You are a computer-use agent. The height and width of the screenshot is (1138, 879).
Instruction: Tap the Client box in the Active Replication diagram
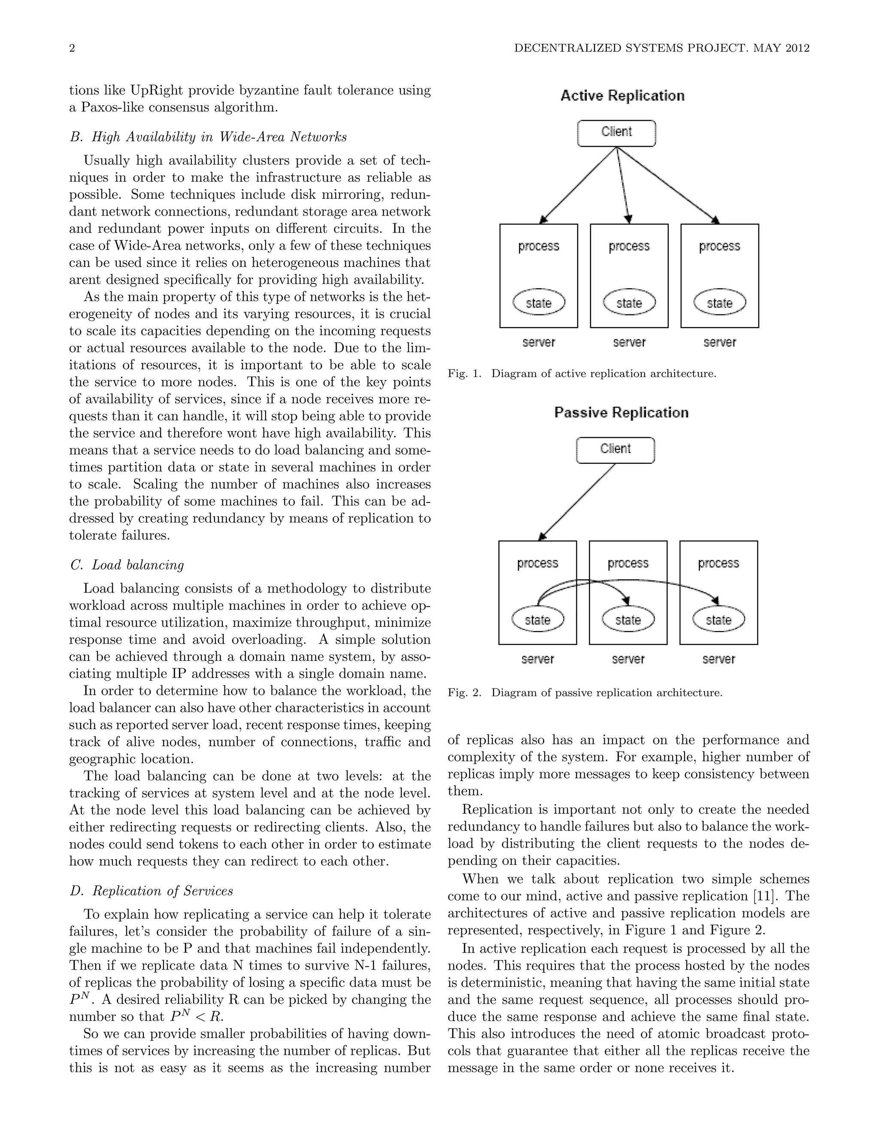pyautogui.click(x=617, y=134)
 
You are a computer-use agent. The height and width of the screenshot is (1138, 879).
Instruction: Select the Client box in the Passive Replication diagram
pyautogui.click(x=615, y=450)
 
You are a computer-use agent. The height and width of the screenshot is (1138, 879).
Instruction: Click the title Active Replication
pyautogui.click(x=622, y=96)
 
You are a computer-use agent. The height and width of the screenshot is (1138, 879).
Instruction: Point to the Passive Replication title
pyautogui.click(x=621, y=413)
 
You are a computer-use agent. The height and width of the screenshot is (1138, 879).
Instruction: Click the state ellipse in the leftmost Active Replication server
pyautogui.click(x=539, y=303)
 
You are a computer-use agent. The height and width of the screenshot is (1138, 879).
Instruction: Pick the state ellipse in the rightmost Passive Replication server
pyautogui.click(x=718, y=620)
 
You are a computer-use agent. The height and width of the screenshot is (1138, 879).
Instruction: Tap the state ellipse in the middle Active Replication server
pyautogui.click(x=629, y=303)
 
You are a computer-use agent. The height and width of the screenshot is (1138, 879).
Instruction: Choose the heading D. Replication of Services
pyautogui.click(x=152, y=891)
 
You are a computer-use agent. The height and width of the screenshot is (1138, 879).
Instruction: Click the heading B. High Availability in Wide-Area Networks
pyautogui.click(x=208, y=137)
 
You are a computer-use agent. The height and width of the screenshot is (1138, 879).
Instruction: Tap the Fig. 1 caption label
pyautogui.click(x=464, y=374)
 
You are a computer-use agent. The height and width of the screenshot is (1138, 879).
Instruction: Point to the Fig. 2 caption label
pyautogui.click(x=464, y=693)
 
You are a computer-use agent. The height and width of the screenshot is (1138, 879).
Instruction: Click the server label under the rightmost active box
pyautogui.click(x=720, y=342)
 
